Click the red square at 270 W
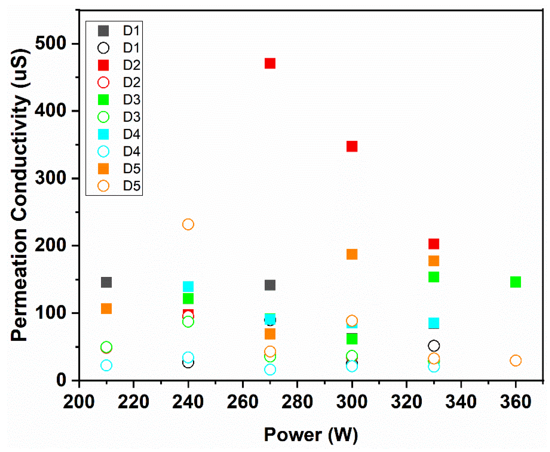point(270,64)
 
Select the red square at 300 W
point(352,146)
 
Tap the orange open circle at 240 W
point(188,224)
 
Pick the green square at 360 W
point(515,282)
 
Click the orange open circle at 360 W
point(515,361)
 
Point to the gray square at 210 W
point(106,282)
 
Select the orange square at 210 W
point(106,309)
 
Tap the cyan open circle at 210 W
point(106,366)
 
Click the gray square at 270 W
point(270,285)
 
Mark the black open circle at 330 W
point(433,346)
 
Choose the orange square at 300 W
point(352,254)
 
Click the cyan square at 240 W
point(188,287)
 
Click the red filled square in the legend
point(103,65)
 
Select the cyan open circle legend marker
point(103,151)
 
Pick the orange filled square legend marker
point(103,169)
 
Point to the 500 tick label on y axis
point(51,43)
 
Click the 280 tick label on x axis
point(297,402)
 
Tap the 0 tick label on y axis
point(61,380)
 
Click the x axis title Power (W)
point(311,435)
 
